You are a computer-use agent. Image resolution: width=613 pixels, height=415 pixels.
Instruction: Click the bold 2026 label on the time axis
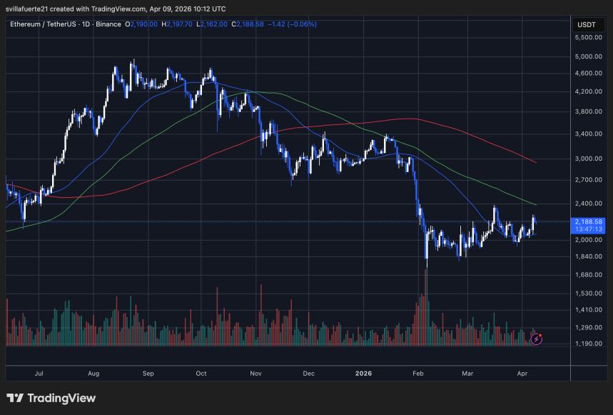pos(363,373)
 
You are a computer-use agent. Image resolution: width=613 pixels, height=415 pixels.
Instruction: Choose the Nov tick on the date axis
pos(255,373)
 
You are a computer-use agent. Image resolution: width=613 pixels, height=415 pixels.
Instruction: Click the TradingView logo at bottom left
pos(51,398)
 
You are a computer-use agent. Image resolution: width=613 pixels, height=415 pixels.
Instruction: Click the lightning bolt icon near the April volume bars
pos(536,339)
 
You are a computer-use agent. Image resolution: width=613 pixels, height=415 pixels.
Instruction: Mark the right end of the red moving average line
pos(536,162)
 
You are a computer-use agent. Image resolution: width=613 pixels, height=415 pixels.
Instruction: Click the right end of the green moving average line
pos(536,204)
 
